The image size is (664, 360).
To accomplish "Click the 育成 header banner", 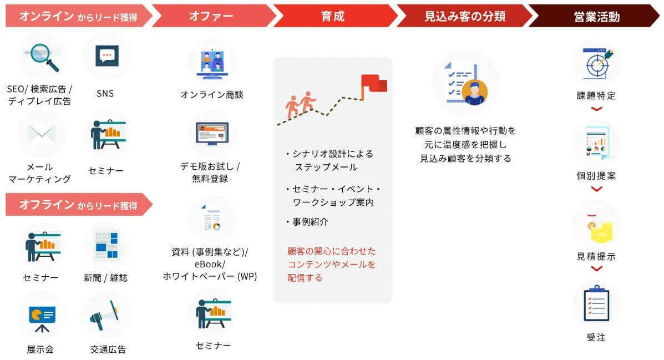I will coord(333,16).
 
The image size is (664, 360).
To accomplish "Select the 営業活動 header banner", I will coord(596,16).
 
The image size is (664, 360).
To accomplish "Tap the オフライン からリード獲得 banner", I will coord(78,205).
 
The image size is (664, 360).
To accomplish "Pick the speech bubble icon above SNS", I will coord(107,57).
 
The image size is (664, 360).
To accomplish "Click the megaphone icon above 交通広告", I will coord(106,316).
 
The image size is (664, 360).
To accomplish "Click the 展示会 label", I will coord(40,349).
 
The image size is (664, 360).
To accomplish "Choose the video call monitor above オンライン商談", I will coord(212,63).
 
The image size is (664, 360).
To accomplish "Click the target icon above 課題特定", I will coord(596,63).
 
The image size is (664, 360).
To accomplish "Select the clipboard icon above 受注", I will coord(596,303).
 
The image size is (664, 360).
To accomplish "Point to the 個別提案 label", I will coord(596,176).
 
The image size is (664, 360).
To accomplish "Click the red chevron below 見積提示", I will coord(596,269).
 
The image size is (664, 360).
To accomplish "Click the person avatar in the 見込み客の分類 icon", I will coord(474,92).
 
